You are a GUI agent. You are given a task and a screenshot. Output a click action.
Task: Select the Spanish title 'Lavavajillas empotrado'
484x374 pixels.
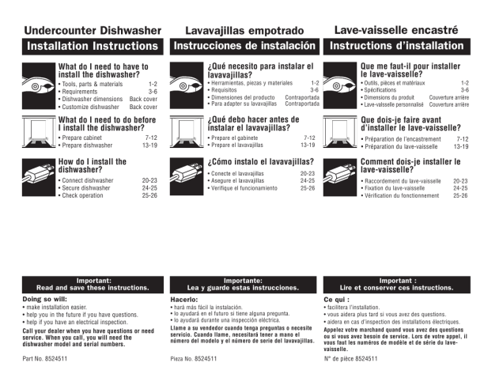(x=244, y=31)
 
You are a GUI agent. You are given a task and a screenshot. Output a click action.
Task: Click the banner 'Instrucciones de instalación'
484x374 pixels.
(x=245, y=47)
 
